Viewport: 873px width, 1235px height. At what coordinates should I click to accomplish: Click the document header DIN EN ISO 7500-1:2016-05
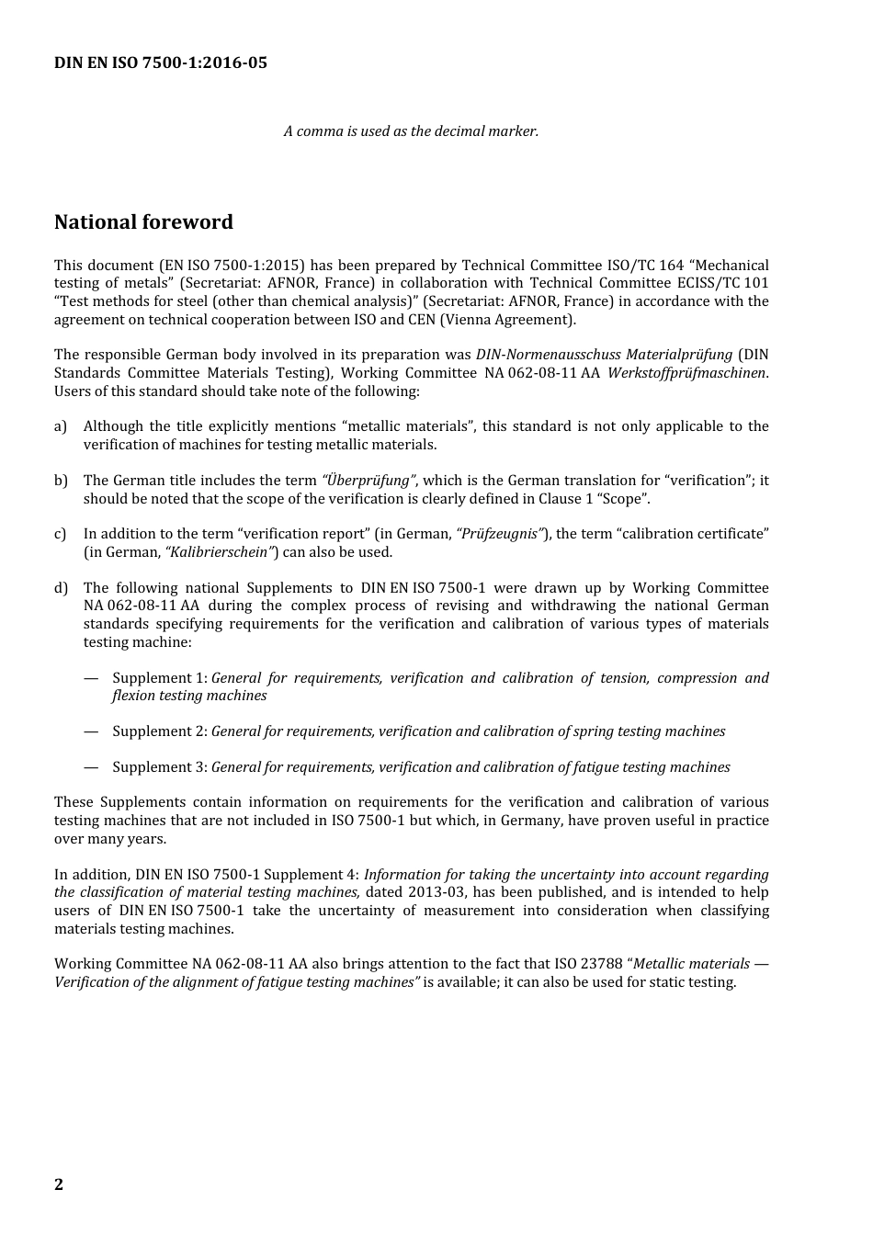pos(161,63)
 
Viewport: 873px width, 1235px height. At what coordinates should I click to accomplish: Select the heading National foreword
pos(143,222)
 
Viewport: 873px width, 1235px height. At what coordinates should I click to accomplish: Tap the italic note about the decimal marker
pos(411,131)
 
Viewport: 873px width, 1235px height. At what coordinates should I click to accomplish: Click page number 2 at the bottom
pos(59,1184)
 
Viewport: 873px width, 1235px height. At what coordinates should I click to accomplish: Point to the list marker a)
pos(61,426)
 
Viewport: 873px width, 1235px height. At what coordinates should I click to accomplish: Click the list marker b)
pos(61,481)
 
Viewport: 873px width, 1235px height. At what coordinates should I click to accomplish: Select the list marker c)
pos(61,534)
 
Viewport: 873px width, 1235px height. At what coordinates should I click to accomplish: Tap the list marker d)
pos(61,588)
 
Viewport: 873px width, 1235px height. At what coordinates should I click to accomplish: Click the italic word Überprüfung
pos(368,481)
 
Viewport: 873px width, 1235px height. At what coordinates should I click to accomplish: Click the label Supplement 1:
pos(160,678)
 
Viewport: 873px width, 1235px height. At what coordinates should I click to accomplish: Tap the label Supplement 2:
pos(160,731)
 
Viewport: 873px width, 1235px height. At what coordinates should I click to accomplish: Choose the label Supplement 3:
pos(160,767)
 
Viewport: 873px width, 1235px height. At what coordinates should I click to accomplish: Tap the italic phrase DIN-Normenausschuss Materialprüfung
pos(604,355)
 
